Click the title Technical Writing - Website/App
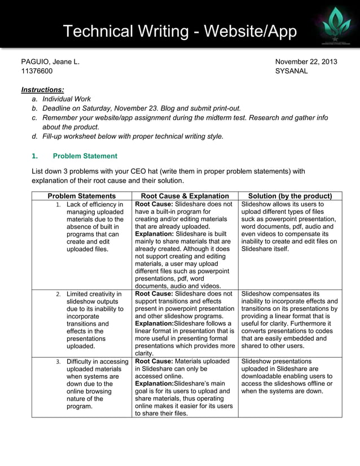(179, 32)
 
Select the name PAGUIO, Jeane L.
(50, 61)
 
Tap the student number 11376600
(37, 71)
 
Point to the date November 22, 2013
(306, 61)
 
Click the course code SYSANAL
(291, 71)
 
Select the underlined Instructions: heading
(42, 90)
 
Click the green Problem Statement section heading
(85, 156)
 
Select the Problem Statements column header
(82, 196)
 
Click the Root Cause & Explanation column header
(185, 196)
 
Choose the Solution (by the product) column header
(290, 196)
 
